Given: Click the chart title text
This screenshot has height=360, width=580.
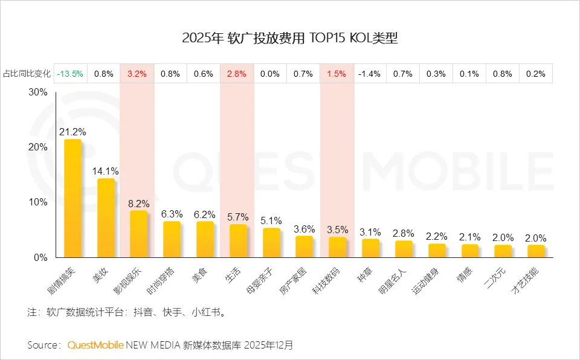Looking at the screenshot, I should (x=290, y=38).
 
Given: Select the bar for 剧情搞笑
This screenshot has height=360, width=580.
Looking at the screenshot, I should (x=72, y=198).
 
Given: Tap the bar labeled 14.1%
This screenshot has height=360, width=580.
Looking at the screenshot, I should (x=106, y=217).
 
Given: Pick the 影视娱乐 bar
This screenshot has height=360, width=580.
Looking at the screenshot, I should (x=138, y=234).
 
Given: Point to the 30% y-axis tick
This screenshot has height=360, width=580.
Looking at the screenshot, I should (x=38, y=92).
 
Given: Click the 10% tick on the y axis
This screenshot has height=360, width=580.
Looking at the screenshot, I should (x=38, y=202).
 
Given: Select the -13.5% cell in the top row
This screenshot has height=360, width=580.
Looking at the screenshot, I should (x=70, y=74).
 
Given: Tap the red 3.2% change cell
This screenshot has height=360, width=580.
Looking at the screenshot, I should (x=137, y=74).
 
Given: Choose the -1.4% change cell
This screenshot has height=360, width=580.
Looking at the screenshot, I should (x=369, y=74).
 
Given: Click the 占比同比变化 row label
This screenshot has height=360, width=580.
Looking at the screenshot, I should (x=26, y=74).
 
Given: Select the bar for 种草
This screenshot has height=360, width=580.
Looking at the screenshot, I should (x=370, y=248).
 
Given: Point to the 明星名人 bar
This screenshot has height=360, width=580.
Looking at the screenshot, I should (x=404, y=249).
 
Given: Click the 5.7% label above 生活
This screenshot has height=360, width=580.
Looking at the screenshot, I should (x=237, y=217).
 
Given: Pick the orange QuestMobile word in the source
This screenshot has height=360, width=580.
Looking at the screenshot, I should (x=95, y=346).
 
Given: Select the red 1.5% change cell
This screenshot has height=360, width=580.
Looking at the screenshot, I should (x=337, y=74).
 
